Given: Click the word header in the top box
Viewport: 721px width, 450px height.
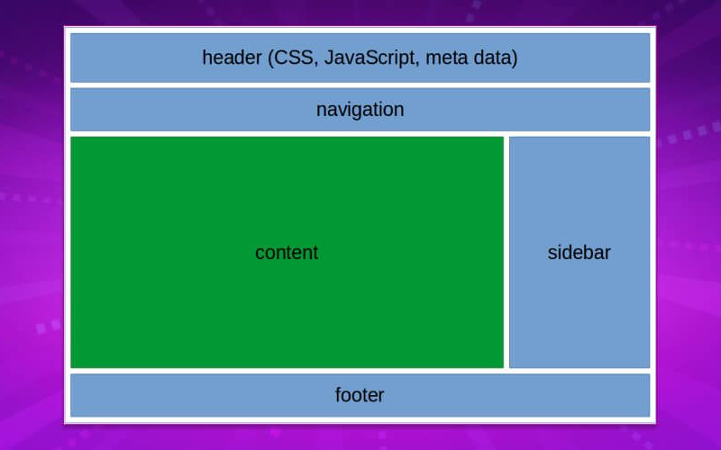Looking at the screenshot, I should pos(232,58).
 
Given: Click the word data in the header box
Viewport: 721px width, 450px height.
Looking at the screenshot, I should pos(493,58).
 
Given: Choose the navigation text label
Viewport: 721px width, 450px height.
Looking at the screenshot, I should pos(360,110).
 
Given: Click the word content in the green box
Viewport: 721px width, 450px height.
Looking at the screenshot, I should pos(287,253).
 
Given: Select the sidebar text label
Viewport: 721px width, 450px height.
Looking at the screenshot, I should pos(579,253).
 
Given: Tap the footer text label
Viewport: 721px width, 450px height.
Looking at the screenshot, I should pos(360,395).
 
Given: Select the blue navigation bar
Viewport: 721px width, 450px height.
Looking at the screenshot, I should pos(180,110).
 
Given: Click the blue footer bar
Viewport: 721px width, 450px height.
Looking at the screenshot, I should pos(180,395).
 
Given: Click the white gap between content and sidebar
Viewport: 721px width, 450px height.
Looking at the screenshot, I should pos(507,252).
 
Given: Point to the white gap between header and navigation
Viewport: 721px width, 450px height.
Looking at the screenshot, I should pos(360,85).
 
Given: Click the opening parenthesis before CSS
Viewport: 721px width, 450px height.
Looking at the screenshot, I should pos(270,58).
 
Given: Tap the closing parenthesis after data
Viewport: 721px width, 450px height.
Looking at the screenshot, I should pos(515,58).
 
